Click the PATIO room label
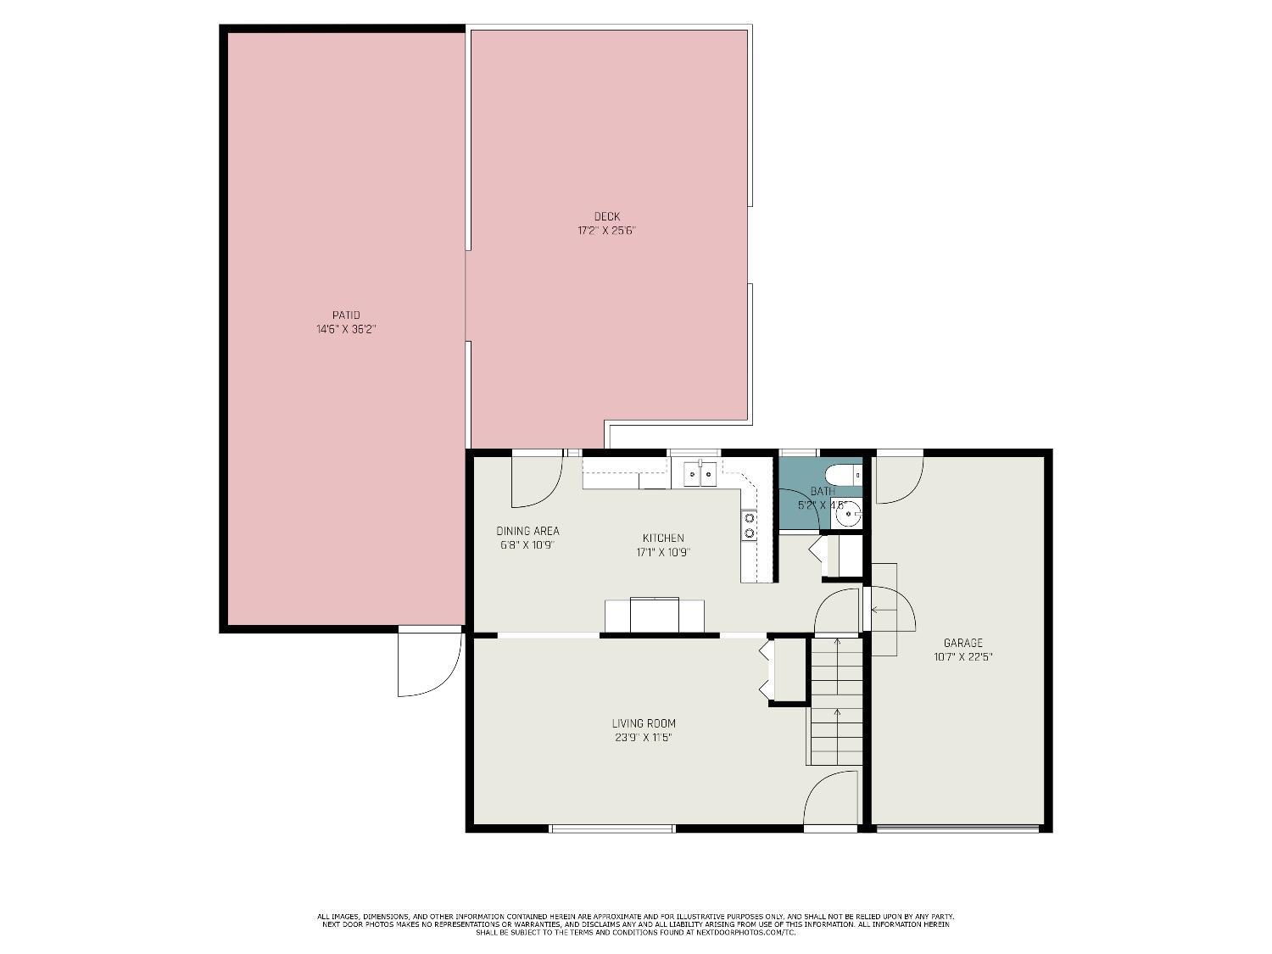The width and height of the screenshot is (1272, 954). [x=345, y=315]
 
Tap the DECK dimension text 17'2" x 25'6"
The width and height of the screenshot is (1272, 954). [x=606, y=230]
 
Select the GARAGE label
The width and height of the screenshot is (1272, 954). [x=962, y=643]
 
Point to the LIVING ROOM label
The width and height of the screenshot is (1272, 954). [x=644, y=723]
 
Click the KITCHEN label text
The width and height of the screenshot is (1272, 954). [x=662, y=538]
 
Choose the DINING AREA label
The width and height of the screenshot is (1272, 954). [x=527, y=531]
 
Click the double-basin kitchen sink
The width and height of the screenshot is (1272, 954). [x=700, y=474]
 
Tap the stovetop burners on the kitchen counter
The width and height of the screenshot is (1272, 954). [x=749, y=525]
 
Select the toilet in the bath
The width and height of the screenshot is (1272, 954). [x=844, y=473]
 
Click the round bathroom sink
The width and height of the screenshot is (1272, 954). [x=847, y=514]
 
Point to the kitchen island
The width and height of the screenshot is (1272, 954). [x=654, y=615]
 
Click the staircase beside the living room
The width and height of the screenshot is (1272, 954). [x=836, y=701]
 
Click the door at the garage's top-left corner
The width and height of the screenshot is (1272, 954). [x=898, y=479]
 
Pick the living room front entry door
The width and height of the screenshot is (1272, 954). [x=830, y=798]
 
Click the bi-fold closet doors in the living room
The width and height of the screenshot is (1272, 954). [x=767, y=670]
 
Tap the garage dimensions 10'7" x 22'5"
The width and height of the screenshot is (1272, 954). [x=962, y=656]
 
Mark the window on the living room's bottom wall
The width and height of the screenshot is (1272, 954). [x=611, y=828]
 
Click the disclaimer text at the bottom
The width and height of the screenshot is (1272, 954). [x=635, y=924]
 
